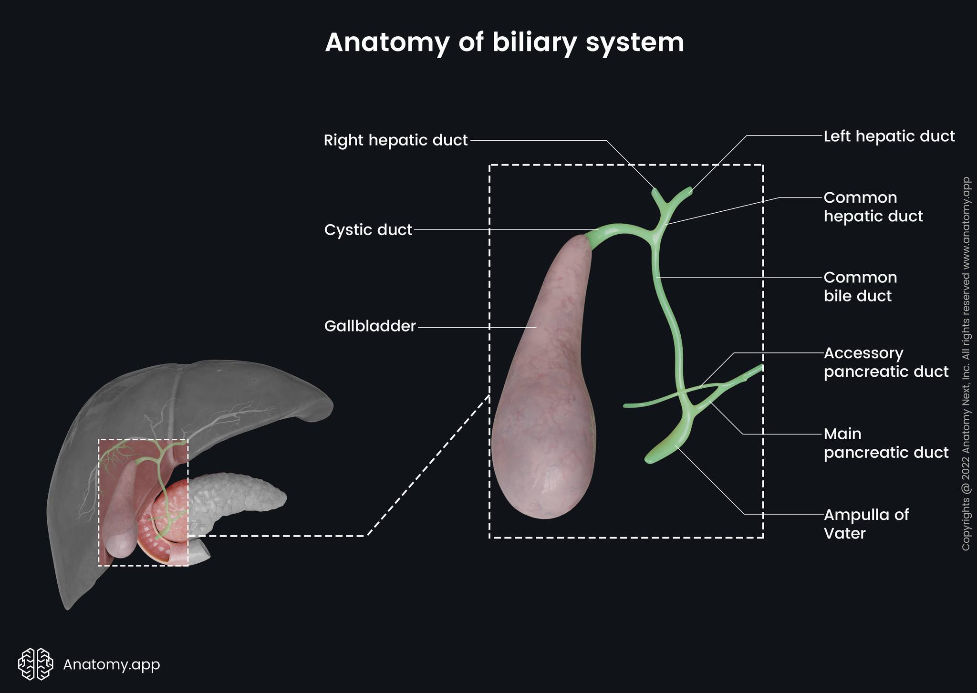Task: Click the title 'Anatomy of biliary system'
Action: point(504,43)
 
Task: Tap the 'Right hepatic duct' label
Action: point(395,140)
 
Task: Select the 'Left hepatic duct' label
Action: point(889,136)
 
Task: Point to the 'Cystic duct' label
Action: point(368,230)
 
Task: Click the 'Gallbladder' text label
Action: point(370,326)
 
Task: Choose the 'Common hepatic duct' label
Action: point(873,207)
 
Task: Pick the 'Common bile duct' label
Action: point(860,287)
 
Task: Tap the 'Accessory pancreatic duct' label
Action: point(886,362)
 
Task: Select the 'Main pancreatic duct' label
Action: point(886,443)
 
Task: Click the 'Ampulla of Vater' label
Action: point(866,524)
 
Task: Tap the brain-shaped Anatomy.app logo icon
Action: point(35,664)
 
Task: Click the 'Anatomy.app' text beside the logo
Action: point(112,664)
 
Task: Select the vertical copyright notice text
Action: point(966,364)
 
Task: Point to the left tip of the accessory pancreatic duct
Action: point(625,406)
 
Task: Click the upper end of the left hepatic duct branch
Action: point(690,190)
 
